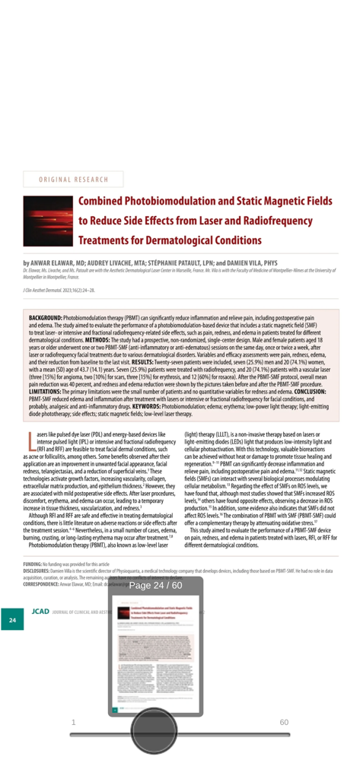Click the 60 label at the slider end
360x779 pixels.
tap(284, 721)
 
